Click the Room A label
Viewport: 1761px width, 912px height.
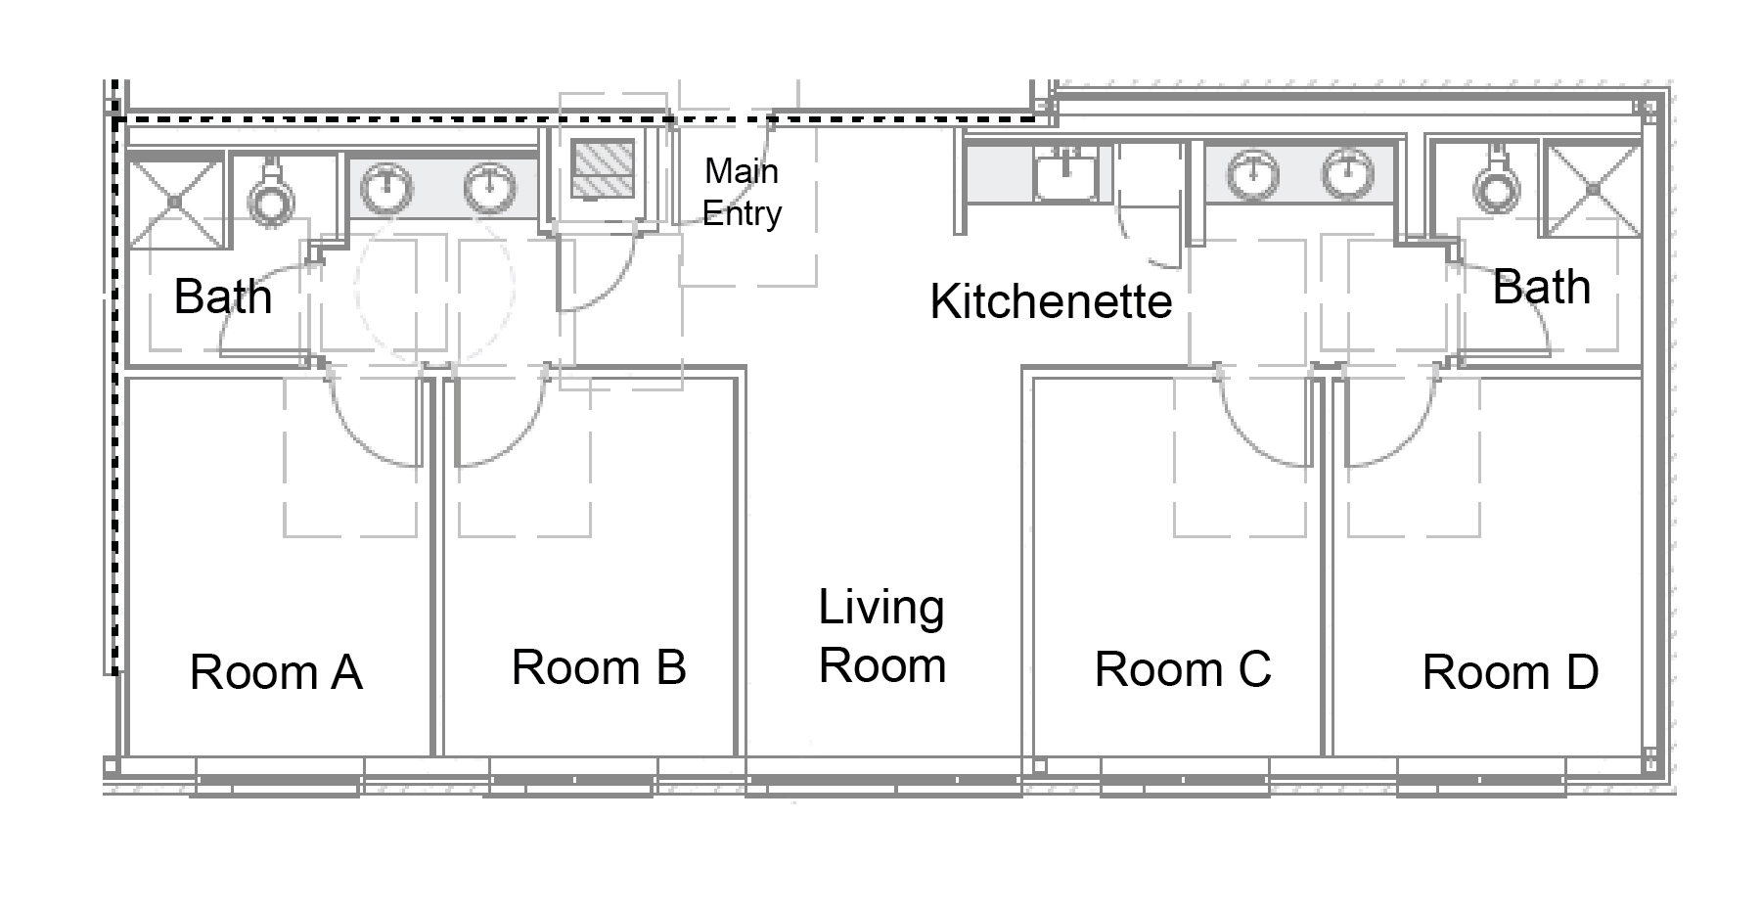tap(276, 672)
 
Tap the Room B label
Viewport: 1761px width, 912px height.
tap(599, 668)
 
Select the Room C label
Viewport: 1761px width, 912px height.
tap(1182, 670)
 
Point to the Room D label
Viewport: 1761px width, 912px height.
tap(1510, 672)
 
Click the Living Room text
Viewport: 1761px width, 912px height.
tap(881, 636)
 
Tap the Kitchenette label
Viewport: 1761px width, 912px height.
tap(1051, 301)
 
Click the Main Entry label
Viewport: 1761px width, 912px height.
tap(742, 193)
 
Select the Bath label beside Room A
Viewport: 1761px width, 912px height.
tap(222, 296)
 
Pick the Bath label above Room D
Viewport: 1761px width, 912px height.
tap(1541, 288)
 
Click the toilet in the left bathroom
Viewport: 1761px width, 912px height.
tap(271, 194)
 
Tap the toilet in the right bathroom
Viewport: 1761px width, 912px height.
tap(1495, 184)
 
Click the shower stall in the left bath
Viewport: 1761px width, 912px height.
tap(175, 202)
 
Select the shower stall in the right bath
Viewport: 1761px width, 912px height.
tap(1593, 190)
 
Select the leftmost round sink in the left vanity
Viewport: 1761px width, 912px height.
tap(388, 185)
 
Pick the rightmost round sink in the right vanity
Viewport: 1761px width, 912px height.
tap(1347, 173)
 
